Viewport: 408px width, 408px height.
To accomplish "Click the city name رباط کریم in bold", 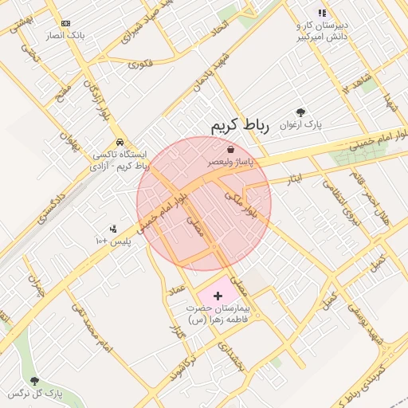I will (x=240, y=126).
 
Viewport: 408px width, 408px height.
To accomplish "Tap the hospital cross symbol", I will (x=218, y=296).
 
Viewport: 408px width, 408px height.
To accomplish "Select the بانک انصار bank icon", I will (x=65, y=24).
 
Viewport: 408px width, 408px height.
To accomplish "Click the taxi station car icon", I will (x=120, y=141).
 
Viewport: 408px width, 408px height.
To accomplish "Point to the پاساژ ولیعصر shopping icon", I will (x=230, y=149).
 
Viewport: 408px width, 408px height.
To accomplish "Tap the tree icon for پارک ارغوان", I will (x=300, y=112).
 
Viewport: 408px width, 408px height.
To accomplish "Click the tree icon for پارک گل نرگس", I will (x=34, y=381).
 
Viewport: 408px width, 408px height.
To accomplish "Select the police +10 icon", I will (x=112, y=229).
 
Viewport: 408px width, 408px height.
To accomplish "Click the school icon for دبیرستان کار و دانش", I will (x=322, y=13).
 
